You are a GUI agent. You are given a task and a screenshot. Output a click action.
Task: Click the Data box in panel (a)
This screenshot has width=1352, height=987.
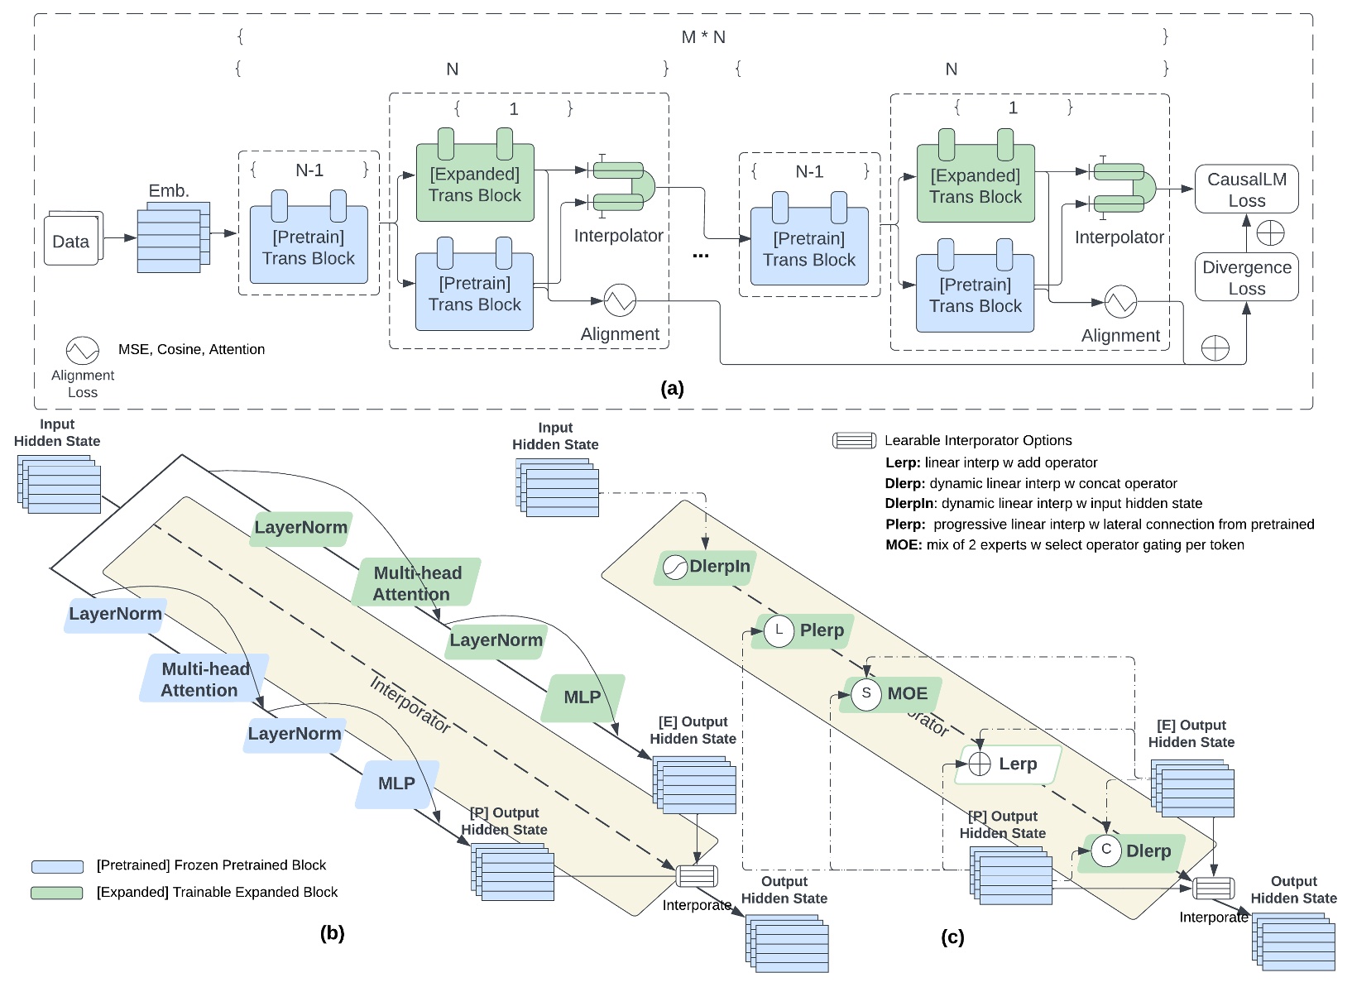coord(72,241)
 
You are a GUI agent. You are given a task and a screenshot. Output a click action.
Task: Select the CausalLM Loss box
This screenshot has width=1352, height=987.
coord(1246,189)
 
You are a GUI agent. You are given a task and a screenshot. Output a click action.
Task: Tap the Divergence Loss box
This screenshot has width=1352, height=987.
coord(1246,277)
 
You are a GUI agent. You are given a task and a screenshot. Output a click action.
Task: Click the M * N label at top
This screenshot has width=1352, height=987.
coord(703,37)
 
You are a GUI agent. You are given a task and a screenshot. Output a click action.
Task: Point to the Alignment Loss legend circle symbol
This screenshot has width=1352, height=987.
coord(83,351)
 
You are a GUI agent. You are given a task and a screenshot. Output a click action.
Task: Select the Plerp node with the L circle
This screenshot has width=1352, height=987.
coord(803,630)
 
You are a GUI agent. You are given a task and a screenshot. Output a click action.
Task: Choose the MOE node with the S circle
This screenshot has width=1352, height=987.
coord(891,693)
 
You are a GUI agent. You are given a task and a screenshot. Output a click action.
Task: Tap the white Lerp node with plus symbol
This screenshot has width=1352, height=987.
coord(1007,764)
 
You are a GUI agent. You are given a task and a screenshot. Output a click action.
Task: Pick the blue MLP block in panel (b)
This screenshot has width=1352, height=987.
coord(396,783)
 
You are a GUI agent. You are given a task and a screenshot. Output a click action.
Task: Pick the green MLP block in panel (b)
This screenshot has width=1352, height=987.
coord(583,697)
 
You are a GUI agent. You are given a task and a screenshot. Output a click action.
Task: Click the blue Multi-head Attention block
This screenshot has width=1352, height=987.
coord(204,679)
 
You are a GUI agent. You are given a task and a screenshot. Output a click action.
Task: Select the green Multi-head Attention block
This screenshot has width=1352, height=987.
coord(416,583)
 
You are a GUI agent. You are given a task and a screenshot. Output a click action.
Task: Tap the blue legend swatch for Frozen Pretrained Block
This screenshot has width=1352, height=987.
coord(57,866)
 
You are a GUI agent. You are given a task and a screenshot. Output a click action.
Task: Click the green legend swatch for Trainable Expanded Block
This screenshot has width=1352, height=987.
coord(57,893)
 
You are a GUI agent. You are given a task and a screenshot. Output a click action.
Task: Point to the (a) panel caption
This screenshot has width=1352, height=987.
coord(672,388)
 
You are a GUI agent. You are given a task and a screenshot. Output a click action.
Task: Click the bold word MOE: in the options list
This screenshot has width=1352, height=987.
coord(903,544)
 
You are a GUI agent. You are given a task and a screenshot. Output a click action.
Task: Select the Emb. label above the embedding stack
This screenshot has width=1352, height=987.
coord(169,191)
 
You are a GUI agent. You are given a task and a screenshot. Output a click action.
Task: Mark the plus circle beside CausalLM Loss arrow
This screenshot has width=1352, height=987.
coord(1269,233)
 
